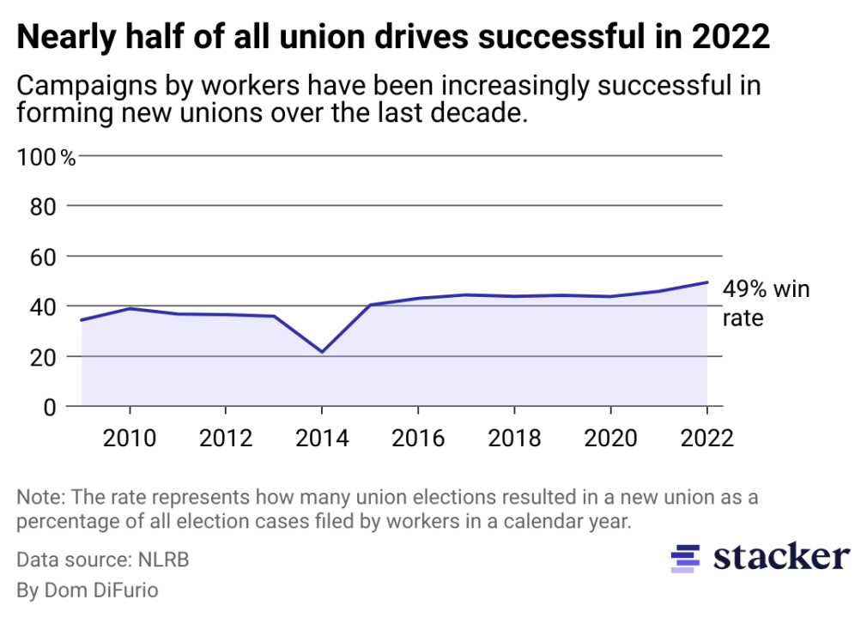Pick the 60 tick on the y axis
(x=45, y=257)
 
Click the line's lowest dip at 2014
(x=321, y=352)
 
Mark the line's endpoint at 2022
(x=706, y=282)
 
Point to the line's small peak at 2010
(x=130, y=308)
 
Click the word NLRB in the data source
(x=163, y=560)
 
